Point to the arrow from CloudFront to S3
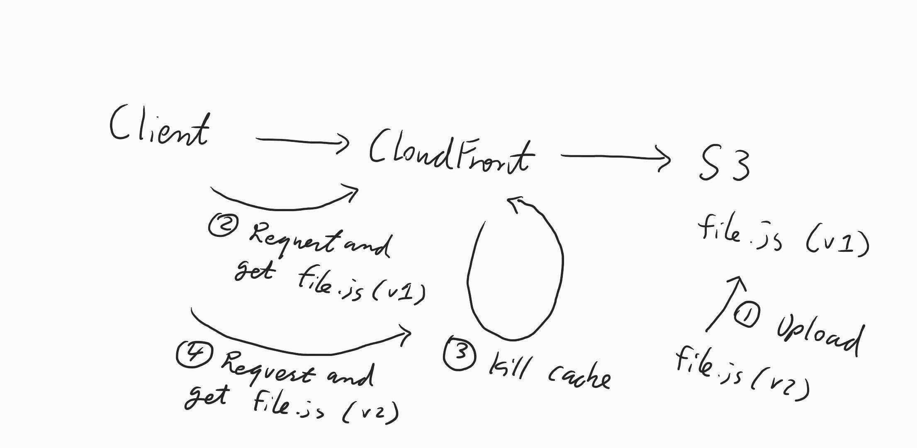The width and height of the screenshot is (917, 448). [615, 157]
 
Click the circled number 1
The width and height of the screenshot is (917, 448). [747, 315]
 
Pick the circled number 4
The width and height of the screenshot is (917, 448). [194, 354]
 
